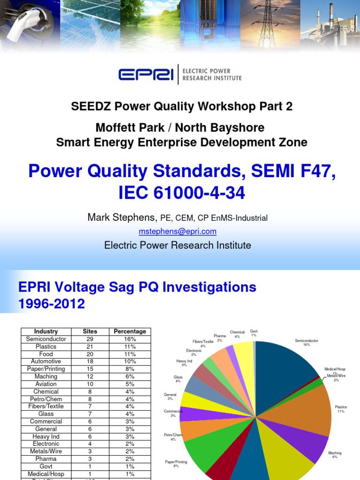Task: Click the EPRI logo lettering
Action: pos(146,75)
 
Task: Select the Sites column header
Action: pos(90,331)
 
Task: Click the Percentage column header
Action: pos(130,331)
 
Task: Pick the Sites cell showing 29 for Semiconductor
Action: pos(90,339)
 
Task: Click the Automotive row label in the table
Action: pos(46,361)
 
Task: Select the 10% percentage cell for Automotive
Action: pos(130,361)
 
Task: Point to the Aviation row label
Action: pos(46,384)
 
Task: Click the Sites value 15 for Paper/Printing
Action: pos(90,369)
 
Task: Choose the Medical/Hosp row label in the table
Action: pos(46,474)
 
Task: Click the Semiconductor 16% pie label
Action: pos(307,343)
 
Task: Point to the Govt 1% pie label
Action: pos(254,333)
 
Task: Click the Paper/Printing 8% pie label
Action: pos(176,464)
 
